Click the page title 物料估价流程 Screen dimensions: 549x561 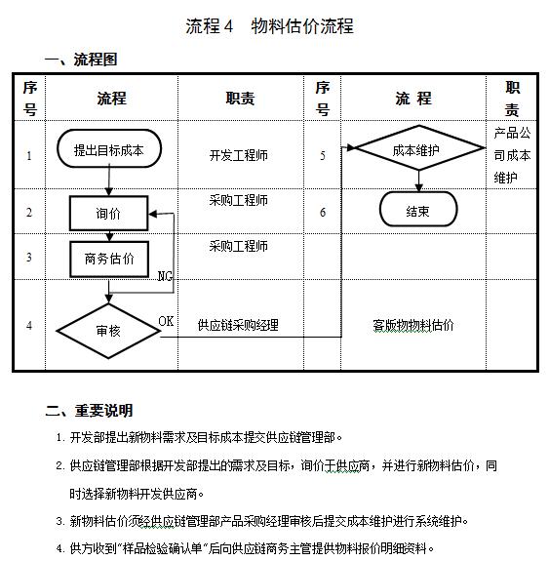click(270, 27)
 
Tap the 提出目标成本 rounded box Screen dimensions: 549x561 click(108, 150)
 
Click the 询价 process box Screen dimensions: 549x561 click(108, 213)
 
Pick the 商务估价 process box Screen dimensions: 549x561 click(108, 259)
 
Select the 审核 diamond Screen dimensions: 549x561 click(108, 331)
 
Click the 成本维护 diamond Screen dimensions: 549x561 click(418, 150)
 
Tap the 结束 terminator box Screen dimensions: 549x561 click(418, 210)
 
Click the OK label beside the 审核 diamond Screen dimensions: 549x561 click(167, 321)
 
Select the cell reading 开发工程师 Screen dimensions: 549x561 click(239, 155)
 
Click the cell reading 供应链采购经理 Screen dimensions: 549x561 click(238, 325)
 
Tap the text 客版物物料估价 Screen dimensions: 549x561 click(413, 325)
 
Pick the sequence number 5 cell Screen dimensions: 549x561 click(323, 155)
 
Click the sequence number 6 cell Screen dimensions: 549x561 click(323, 212)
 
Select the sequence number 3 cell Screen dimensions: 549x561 click(29, 258)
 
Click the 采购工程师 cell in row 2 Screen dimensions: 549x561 click(239, 200)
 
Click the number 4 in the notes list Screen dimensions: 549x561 click(60, 548)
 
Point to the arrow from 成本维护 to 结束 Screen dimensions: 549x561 click(418, 182)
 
